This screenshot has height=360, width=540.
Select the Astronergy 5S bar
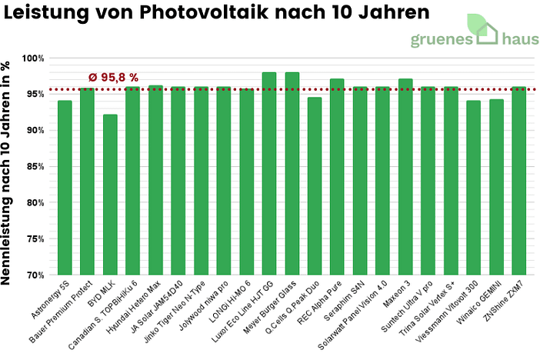(65, 188)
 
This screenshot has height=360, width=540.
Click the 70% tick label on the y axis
(35, 275)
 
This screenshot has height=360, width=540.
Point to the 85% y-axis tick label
(35, 166)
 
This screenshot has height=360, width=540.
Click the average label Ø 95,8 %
(113, 77)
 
